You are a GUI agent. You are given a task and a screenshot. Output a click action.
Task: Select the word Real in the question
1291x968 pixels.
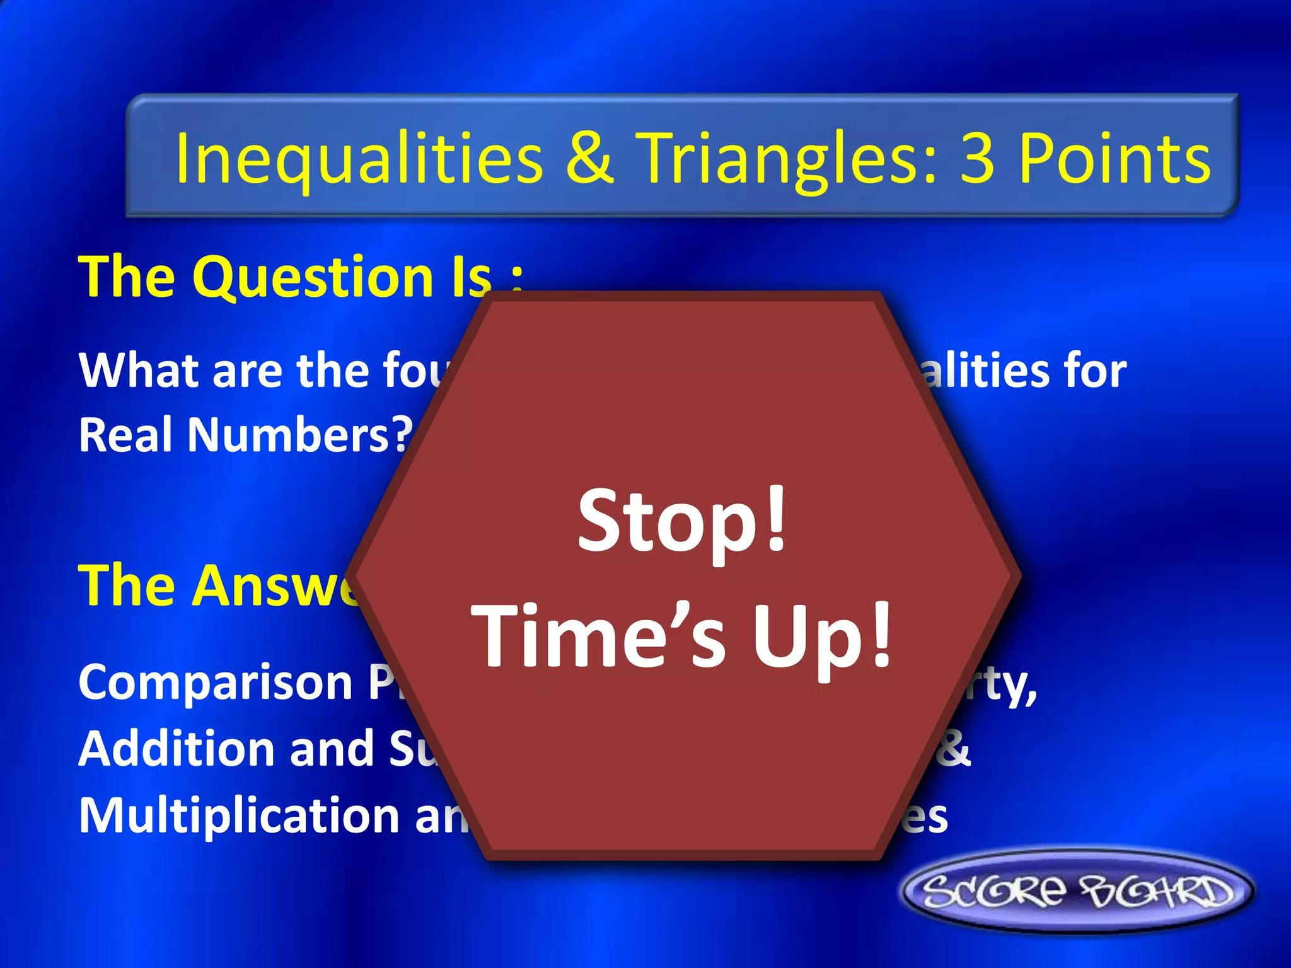pyautogui.click(x=127, y=435)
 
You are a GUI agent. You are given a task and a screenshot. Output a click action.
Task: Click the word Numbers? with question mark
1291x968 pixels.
pyautogui.click(x=300, y=435)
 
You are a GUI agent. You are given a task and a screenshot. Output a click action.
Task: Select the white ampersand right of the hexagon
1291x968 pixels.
pyautogui.click(x=954, y=749)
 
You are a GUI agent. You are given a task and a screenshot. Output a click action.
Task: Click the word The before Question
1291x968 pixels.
pyautogui.click(x=126, y=277)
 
